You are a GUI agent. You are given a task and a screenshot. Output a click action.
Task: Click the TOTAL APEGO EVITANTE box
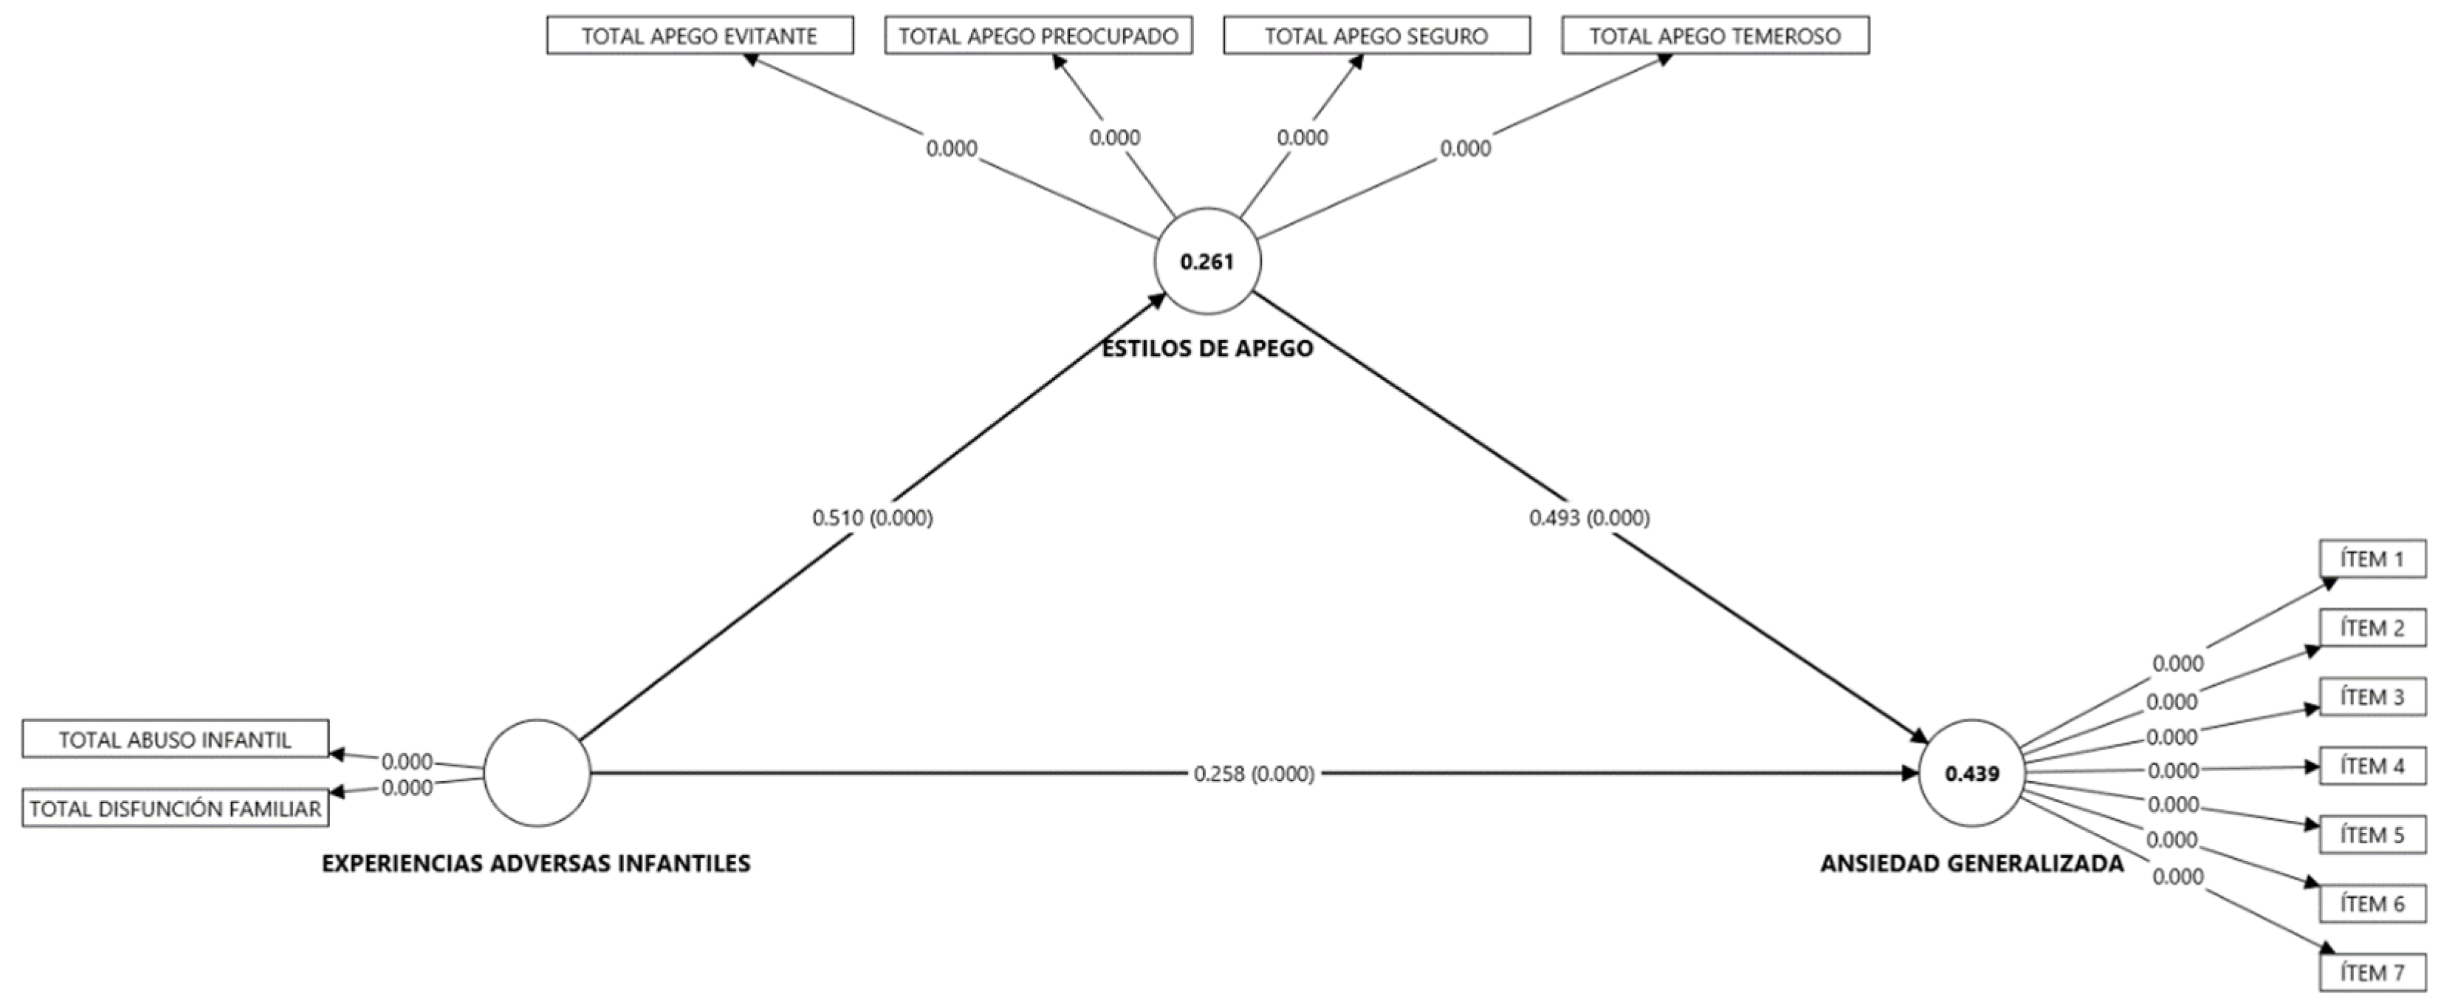point(699,36)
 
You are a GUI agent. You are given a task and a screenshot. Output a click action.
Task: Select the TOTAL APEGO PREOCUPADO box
point(1038,36)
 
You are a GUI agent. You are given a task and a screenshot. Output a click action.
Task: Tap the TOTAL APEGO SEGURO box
point(1376,36)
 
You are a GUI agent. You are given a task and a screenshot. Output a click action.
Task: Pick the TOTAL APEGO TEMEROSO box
point(1714,36)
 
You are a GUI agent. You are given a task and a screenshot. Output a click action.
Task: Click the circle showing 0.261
point(1206,261)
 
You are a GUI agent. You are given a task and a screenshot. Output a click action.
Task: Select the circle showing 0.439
point(1971,772)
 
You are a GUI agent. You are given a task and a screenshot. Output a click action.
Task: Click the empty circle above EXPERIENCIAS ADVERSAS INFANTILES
point(536,772)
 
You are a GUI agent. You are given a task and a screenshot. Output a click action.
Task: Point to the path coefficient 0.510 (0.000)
point(872,517)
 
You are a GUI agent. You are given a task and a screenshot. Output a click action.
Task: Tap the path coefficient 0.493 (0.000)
point(1589,517)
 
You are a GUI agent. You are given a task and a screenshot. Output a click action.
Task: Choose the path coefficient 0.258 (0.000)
point(1253,774)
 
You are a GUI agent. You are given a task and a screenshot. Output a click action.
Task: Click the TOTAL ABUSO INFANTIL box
point(176,740)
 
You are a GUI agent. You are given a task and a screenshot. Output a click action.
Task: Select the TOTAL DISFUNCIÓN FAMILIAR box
point(176,808)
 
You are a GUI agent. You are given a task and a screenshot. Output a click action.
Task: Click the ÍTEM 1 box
point(2372,558)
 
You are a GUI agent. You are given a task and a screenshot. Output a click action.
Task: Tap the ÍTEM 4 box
point(2372,765)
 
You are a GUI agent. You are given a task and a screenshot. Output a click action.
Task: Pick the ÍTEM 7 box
point(2372,972)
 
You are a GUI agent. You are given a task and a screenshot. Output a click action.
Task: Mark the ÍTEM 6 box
point(2372,902)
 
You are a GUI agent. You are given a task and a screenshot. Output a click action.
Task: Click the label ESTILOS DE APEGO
point(1206,348)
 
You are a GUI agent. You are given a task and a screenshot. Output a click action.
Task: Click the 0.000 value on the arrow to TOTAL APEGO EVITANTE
point(951,148)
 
